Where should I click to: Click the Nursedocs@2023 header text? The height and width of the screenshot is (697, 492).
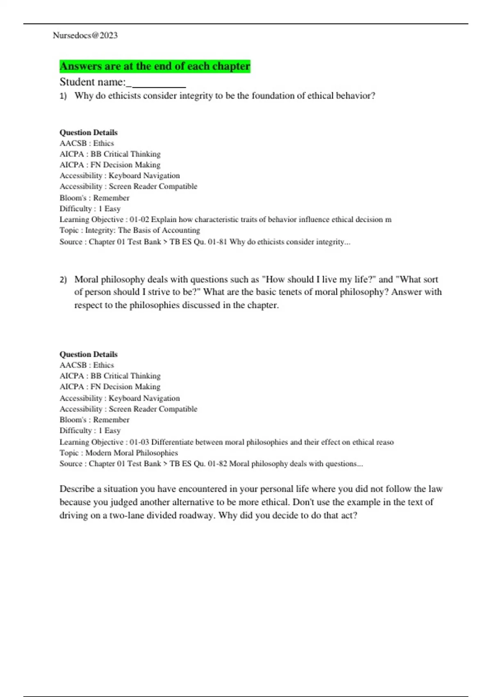(85, 36)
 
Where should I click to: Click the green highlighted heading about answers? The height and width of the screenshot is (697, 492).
(155, 66)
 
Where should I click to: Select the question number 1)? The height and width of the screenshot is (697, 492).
(63, 96)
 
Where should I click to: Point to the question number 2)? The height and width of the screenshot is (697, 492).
(63, 280)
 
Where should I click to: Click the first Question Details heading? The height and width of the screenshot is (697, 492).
(89, 132)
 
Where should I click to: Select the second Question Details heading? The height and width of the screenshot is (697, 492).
(89, 354)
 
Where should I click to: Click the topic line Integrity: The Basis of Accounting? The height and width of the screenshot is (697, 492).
(142, 230)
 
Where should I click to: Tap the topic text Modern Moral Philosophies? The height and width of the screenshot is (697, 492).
(131, 453)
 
